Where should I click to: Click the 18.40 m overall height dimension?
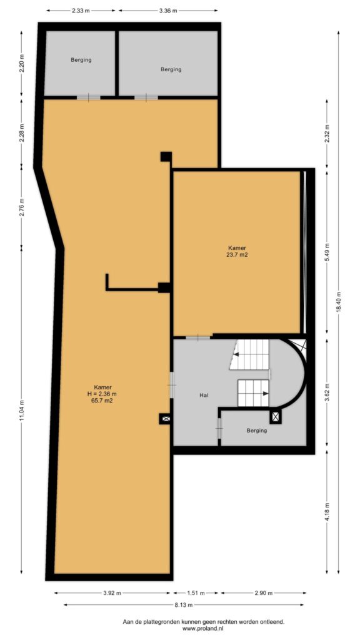tap(338, 301)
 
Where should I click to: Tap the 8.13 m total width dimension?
tap(184, 604)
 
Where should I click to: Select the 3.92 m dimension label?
tap(112, 592)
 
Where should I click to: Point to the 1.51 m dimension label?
tap(197, 592)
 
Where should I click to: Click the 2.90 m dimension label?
tap(263, 592)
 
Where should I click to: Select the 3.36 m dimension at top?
tap(168, 11)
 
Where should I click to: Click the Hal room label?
tap(204, 395)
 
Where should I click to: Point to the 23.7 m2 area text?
tap(237, 256)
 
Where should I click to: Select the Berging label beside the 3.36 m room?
tap(171, 69)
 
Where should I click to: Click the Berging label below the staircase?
tap(257, 430)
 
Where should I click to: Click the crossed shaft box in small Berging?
tap(276, 417)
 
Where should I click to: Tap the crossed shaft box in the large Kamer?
tap(165, 419)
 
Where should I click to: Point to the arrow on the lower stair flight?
tap(266, 394)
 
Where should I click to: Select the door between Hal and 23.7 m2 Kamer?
tap(198, 337)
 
